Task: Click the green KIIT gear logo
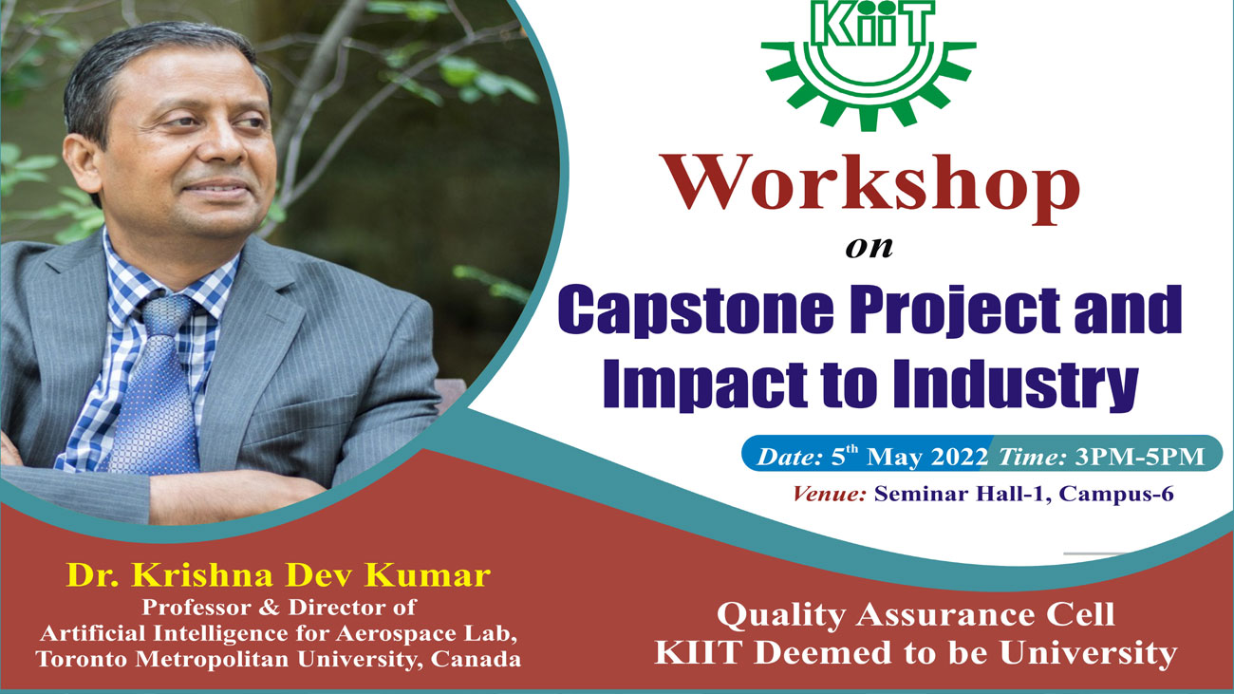[x=869, y=64]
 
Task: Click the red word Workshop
[x=872, y=186]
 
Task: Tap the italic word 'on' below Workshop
[x=869, y=248]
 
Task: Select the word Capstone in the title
[x=696, y=310]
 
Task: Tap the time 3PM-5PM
[x=1139, y=457]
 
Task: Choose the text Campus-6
[x=1116, y=494]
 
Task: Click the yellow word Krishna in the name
[x=201, y=575]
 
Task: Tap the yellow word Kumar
[x=427, y=575]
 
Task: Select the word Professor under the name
[x=196, y=607]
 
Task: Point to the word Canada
[x=476, y=659]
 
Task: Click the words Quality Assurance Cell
[x=916, y=615]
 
